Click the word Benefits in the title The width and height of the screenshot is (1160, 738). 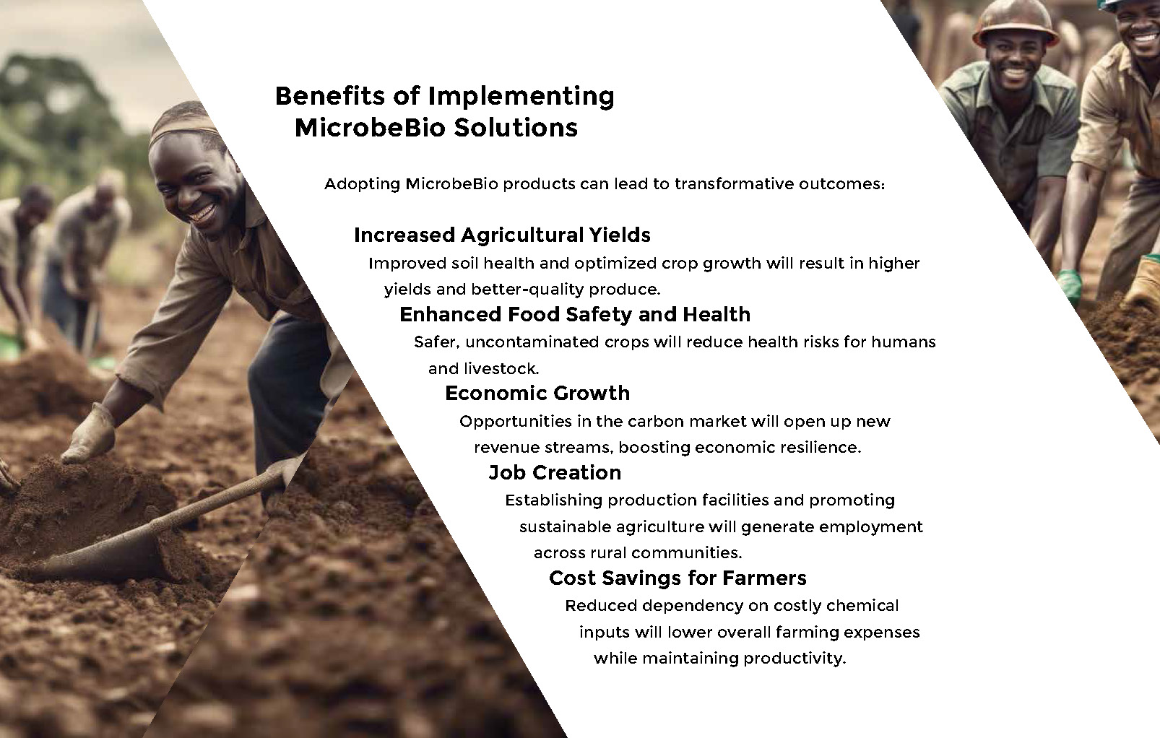[x=330, y=96]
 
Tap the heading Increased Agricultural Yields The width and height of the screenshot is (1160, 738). [x=502, y=235]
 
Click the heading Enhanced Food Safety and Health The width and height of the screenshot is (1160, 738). [x=575, y=314]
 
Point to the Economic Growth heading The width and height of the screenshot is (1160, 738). [x=537, y=393]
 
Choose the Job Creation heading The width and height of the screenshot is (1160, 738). [x=555, y=472]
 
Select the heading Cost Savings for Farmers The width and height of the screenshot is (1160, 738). [x=678, y=578]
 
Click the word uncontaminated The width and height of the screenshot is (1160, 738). [x=525, y=342]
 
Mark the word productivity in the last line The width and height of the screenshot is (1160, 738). [x=795, y=659]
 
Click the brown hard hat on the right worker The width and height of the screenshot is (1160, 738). [x=1015, y=23]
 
